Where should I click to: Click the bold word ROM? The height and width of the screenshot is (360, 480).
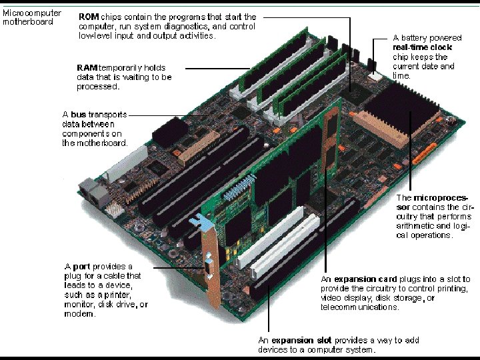[89, 17]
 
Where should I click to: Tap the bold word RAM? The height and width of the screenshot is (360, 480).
[87, 67]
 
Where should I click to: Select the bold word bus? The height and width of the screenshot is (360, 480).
[79, 115]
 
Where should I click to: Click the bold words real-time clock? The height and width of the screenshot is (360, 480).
[422, 47]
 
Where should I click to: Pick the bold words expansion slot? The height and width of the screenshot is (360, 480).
[301, 341]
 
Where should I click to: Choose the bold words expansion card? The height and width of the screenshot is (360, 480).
[365, 279]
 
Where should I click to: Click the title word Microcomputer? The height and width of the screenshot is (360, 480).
[32, 13]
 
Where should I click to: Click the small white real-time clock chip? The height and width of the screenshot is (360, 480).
[375, 76]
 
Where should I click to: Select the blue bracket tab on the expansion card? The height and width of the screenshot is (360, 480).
[202, 222]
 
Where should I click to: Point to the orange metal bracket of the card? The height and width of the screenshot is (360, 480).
[211, 269]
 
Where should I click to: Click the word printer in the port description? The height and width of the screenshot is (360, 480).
[117, 295]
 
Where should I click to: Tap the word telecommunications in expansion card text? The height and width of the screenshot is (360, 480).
[360, 307]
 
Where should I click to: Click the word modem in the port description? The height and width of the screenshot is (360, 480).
[79, 314]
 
